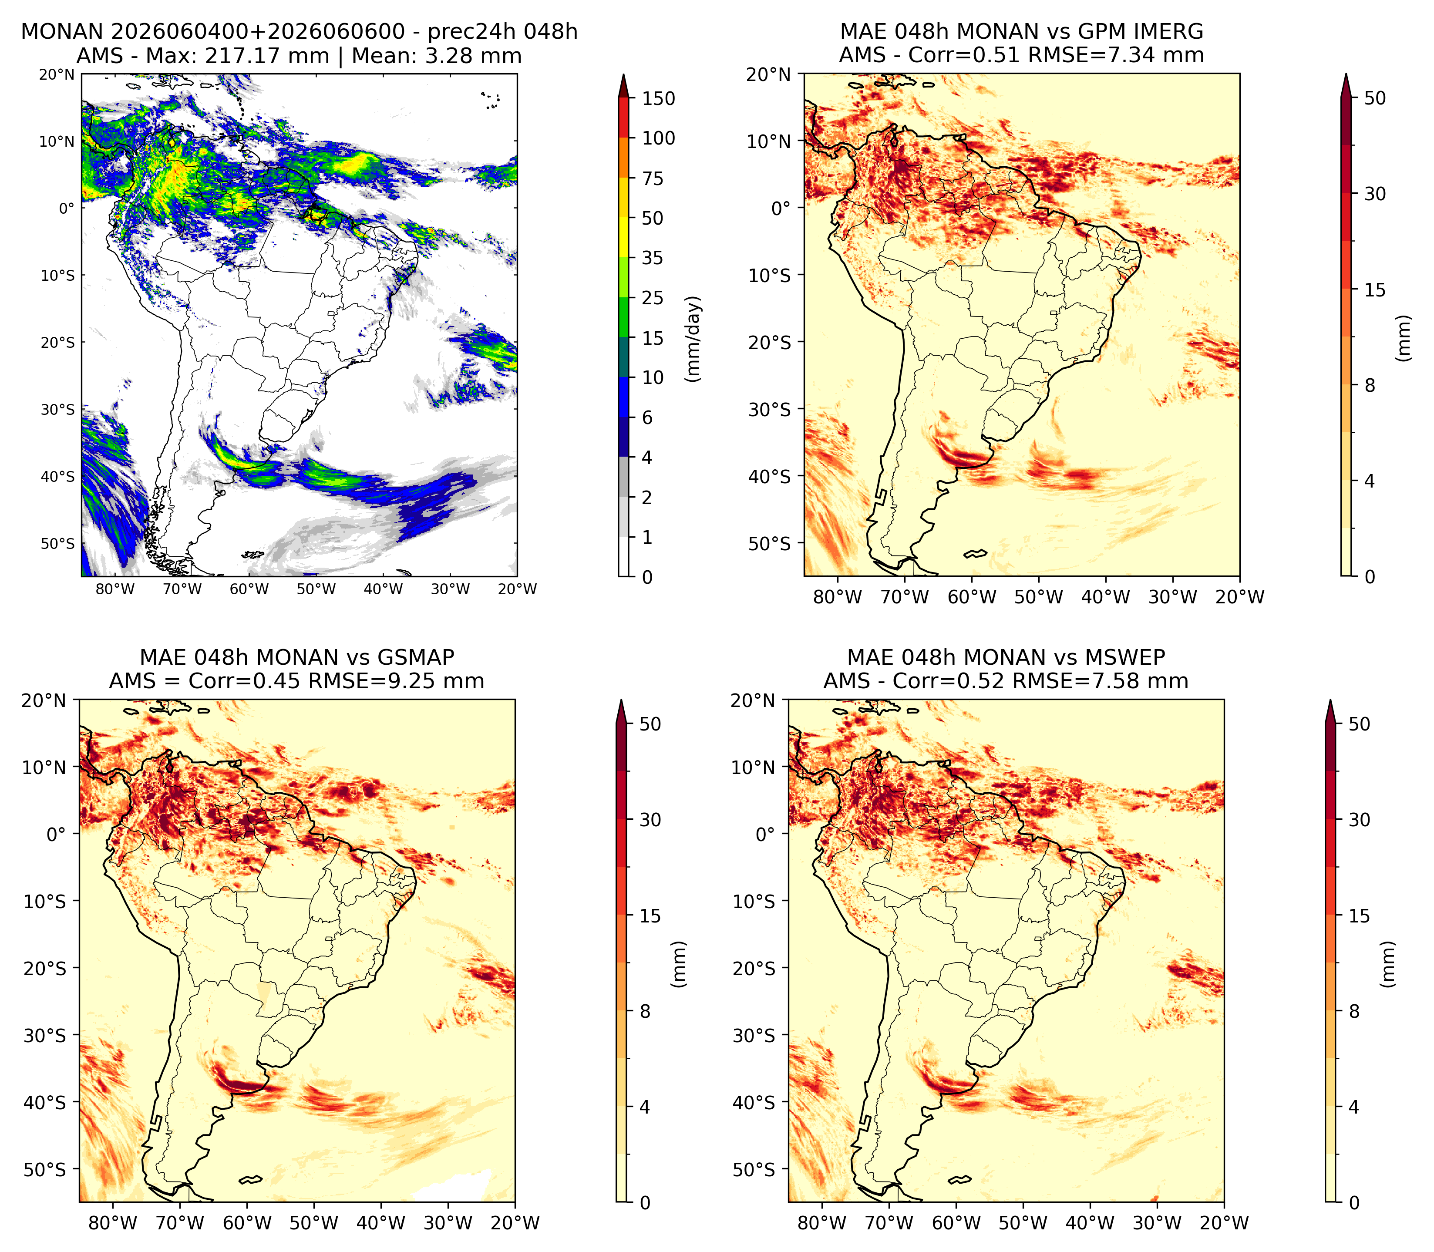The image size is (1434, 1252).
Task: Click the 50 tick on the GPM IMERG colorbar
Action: (x=1374, y=98)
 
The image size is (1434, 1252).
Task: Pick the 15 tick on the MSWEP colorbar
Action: (x=1359, y=916)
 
